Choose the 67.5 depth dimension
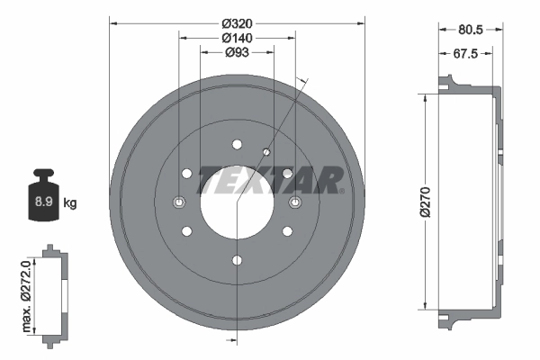(x=464, y=54)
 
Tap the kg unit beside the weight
(x=69, y=203)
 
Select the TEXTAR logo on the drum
(x=270, y=179)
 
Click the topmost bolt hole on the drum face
(x=237, y=144)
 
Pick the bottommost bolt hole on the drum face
(x=237, y=260)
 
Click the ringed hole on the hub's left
(x=178, y=202)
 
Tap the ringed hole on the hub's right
(x=294, y=202)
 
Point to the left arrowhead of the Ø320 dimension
(x=112, y=22)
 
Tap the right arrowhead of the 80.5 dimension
(x=499, y=30)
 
